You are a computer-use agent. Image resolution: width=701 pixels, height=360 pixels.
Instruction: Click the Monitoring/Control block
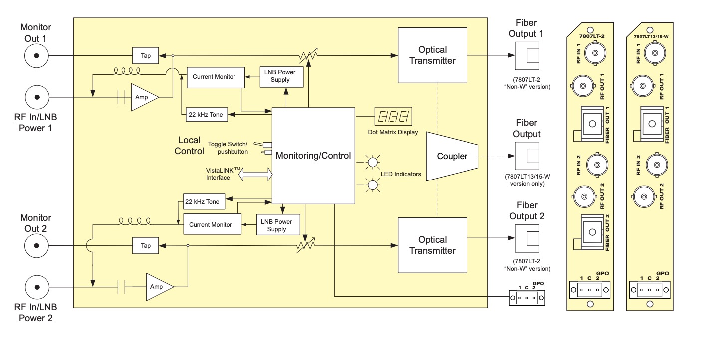[313, 156]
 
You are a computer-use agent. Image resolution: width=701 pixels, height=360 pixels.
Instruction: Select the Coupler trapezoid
[452, 156]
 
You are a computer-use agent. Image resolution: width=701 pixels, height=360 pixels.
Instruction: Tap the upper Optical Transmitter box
[433, 55]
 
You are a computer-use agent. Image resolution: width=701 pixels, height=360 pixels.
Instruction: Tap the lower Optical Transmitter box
[433, 245]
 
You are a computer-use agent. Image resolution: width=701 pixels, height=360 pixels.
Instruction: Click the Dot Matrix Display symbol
[393, 117]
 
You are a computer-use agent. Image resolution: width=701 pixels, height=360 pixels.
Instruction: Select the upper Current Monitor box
[216, 77]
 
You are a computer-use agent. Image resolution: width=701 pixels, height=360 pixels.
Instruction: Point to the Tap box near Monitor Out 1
[146, 56]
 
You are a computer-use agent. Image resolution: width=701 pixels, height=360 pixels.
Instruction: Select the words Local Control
[189, 146]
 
